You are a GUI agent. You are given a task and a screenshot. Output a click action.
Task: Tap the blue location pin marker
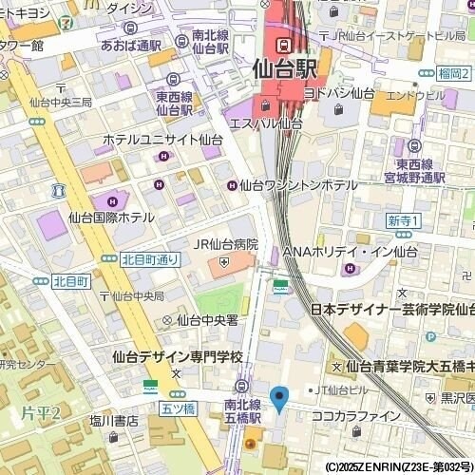[279, 399]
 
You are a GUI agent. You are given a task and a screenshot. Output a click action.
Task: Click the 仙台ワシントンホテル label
[298, 185]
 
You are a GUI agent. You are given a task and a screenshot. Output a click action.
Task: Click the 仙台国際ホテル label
[111, 218]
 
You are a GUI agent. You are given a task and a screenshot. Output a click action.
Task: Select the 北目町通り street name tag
[149, 258]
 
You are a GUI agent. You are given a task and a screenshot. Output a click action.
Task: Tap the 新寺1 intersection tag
[404, 220]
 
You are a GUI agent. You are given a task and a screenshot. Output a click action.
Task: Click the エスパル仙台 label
[266, 123]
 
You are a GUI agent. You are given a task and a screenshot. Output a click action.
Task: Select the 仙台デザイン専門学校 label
[177, 357]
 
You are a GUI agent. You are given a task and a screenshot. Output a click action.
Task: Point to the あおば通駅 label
[130, 45]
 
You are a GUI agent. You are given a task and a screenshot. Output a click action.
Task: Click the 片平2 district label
[40, 412]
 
